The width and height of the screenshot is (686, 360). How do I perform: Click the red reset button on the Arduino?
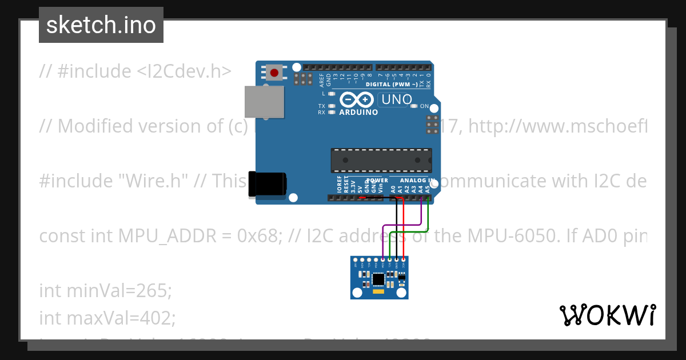pos(274,73)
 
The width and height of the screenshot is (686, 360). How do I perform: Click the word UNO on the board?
pos(397,99)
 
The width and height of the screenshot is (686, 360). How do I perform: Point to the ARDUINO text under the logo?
pos(358,112)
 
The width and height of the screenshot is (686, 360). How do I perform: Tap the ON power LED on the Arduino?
pos(417,106)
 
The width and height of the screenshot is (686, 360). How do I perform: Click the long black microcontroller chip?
pos(381,159)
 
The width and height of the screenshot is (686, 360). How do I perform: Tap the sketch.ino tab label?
pos(101,25)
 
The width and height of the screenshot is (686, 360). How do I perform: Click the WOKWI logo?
pos(607,315)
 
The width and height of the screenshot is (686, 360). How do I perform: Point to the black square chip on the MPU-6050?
pos(378,279)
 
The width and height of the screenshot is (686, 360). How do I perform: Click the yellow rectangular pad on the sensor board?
pos(378,291)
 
